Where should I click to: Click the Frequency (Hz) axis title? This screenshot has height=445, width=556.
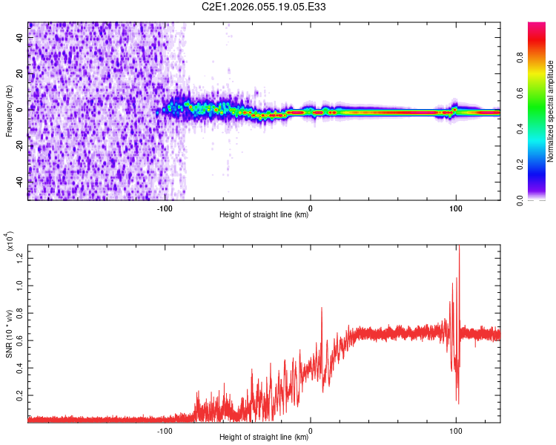[x=9, y=111]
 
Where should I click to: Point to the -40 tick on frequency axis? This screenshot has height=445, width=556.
[x=20, y=182]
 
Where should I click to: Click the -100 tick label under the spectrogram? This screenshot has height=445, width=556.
[x=165, y=209]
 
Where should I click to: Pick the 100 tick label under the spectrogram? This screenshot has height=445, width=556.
[x=455, y=209]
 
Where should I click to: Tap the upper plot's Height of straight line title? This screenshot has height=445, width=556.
[x=264, y=215]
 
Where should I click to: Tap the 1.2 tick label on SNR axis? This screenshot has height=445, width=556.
[x=20, y=257]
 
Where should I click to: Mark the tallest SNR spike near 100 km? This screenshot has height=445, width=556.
[x=460, y=246]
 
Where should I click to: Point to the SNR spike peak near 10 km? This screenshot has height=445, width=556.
[x=322, y=308]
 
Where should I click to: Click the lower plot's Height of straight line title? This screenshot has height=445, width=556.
[x=264, y=438]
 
